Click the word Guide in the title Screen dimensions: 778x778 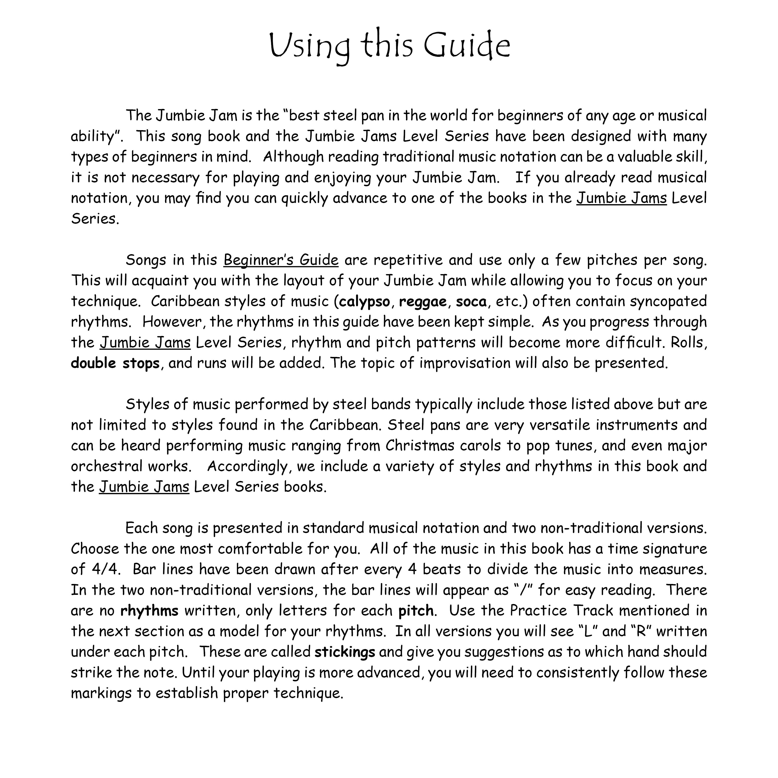[467, 46]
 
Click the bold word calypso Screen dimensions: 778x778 [364, 302]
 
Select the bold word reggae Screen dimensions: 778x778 [422, 302]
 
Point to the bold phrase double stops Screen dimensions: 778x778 [115, 363]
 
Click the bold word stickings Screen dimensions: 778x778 [345, 652]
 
